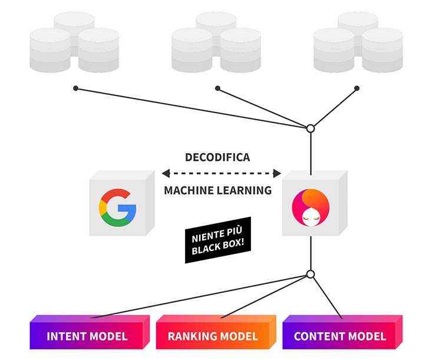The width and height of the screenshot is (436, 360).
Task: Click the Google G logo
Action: tap(117, 208)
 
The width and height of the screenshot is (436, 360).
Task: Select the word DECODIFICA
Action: tap(217, 158)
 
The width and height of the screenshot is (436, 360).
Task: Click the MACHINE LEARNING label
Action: tap(217, 190)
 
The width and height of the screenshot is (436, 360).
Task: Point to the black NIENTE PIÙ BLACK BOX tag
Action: tap(219, 242)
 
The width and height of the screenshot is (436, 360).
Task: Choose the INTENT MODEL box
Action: tap(87, 336)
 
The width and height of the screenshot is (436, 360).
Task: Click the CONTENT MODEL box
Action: tap(340, 336)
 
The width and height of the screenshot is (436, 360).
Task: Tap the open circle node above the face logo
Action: tap(311, 128)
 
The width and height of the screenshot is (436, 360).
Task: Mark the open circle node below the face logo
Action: tap(311, 274)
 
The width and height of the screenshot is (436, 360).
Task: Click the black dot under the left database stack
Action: tap(75, 88)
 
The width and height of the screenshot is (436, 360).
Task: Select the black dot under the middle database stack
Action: tap(217, 88)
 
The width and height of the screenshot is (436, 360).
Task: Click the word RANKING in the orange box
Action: tap(190, 336)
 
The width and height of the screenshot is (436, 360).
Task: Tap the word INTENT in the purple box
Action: tap(66, 336)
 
